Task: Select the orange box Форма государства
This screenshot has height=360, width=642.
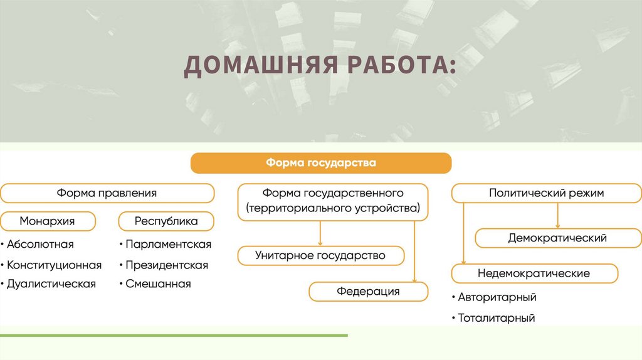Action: coord(321,163)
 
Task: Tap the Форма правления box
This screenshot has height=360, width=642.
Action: coord(107,193)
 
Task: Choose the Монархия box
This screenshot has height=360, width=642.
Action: coord(48,221)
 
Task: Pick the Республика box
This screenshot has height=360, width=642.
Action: coord(166,221)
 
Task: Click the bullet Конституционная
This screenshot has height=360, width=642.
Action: coord(54,265)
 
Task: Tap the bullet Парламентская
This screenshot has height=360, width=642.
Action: coord(168,244)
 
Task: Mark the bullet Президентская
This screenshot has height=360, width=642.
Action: coord(166,265)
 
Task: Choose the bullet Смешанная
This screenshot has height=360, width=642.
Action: coord(157,284)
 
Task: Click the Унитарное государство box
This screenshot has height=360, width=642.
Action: coord(320,256)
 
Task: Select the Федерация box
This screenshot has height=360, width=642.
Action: coord(368,292)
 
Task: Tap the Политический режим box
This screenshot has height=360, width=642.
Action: coord(546,193)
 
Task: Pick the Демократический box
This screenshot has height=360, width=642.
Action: coord(557,238)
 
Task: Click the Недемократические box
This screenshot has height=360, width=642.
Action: coord(534,273)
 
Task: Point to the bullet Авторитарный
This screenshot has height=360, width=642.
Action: coord(497,297)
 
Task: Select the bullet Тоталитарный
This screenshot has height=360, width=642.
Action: coord(496,318)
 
